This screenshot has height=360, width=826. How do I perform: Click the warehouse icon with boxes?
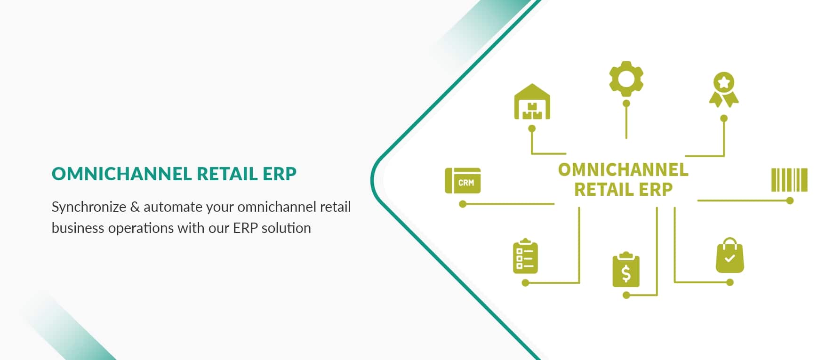point(532,102)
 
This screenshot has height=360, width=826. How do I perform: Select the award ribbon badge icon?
point(724,90)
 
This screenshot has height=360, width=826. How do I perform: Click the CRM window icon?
point(463,181)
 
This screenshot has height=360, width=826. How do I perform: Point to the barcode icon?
point(789,180)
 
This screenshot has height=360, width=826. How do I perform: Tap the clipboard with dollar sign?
point(626,270)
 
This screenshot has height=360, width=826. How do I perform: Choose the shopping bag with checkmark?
point(730,255)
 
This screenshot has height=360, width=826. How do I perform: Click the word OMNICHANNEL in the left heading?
point(121,174)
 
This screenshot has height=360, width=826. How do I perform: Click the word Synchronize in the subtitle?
point(89,207)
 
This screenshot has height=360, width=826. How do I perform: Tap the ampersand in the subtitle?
point(135,207)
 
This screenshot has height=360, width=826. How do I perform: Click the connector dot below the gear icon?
point(626,103)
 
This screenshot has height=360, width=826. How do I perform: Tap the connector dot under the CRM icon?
point(463,204)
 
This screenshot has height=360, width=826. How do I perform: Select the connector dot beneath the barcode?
point(790,201)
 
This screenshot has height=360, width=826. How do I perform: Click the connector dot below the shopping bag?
point(730,282)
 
